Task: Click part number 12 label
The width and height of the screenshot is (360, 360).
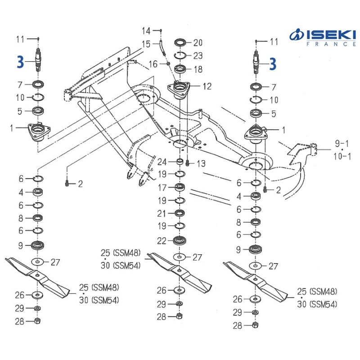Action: click(207, 86)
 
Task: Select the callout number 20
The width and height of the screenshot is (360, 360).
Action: click(198, 43)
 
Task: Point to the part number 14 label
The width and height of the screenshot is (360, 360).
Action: click(147, 31)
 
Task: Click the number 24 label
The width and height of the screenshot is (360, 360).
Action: click(162, 162)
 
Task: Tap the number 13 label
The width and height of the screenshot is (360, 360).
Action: click(201, 163)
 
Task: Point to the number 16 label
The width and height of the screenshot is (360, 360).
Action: click(153, 64)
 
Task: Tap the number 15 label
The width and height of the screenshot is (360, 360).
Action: click(147, 44)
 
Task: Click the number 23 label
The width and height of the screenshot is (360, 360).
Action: click(198, 56)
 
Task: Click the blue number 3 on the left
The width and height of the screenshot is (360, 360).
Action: click(19, 63)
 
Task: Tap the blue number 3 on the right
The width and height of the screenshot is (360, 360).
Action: click(273, 64)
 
